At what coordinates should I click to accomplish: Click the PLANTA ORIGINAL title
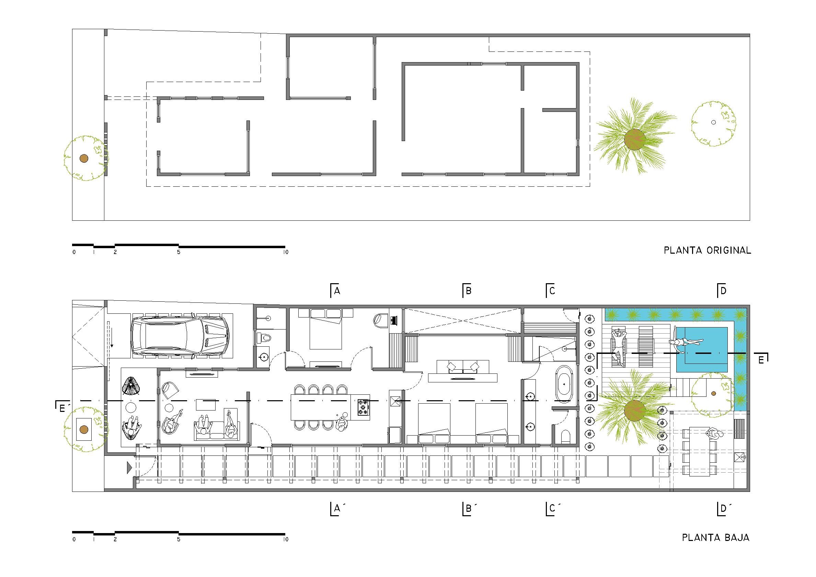tap(707, 250)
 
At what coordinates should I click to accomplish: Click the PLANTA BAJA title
tap(716, 538)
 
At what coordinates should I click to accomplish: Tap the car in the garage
tap(180, 335)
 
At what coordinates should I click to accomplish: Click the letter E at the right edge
tap(761, 360)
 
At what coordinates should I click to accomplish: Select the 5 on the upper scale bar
tap(179, 252)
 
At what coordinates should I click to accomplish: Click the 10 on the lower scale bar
tap(286, 539)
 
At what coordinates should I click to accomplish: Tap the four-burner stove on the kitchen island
tap(363, 407)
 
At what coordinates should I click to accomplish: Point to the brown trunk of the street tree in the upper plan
tap(83, 159)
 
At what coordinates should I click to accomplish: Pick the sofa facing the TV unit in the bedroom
tap(463, 366)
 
